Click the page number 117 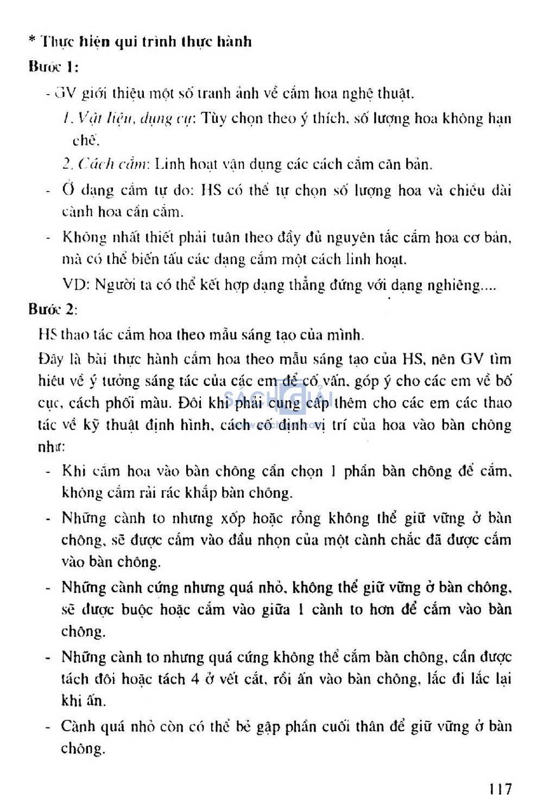click(x=499, y=788)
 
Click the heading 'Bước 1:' click(x=53, y=67)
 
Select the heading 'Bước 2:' click(x=53, y=309)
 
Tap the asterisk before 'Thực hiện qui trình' click(x=33, y=41)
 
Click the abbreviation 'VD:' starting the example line click(x=75, y=284)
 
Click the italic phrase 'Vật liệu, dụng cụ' click(x=129, y=119)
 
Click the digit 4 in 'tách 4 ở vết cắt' click(x=195, y=679)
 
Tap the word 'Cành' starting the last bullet click(x=78, y=726)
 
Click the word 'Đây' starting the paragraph click(x=51, y=359)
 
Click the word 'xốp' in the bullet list click(x=233, y=518)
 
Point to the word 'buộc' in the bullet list click(x=137, y=610)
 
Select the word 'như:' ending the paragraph click(x=52, y=447)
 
